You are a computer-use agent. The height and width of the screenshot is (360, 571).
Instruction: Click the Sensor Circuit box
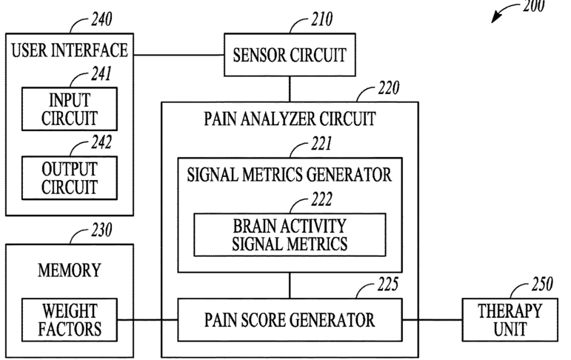tap(289, 54)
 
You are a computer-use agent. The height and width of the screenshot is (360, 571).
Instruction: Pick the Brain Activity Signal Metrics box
tap(290, 233)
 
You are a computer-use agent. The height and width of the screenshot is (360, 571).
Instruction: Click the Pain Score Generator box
tap(290, 320)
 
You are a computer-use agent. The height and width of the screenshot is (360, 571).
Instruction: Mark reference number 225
tap(387, 284)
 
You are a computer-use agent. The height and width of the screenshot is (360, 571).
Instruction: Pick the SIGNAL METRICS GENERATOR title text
tap(290, 175)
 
